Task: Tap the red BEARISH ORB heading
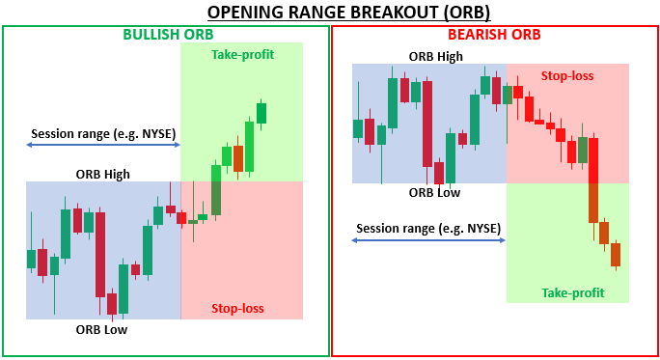pyautogui.click(x=493, y=35)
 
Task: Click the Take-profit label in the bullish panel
pyautogui.click(x=242, y=54)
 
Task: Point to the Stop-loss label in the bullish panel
pyautogui.click(x=237, y=309)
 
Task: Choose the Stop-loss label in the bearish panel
pyautogui.click(x=567, y=74)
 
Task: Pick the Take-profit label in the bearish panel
pyautogui.click(x=572, y=292)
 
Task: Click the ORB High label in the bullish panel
pyautogui.click(x=102, y=174)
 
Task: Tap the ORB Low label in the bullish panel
pyautogui.click(x=101, y=329)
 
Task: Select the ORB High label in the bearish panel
pyautogui.click(x=435, y=56)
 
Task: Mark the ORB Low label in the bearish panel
pyautogui.click(x=434, y=192)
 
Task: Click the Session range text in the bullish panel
pyautogui.click(x=103, y=133)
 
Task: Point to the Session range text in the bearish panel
pyautogui.click(x=428, y=229)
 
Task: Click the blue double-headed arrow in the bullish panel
pyautogui.click(x=103, y=145)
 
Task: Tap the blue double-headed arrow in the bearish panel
pyautogui.click(x=428, y=240)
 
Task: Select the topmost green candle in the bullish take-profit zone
pyautogui.click(x=261, y=112)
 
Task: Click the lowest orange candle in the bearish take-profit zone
pyautogui.click(x=615, y=255)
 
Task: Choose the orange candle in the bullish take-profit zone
pyautogui.click(x=237, y=157)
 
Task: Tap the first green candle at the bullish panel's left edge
pyautogui.click(x=32, y=259)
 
